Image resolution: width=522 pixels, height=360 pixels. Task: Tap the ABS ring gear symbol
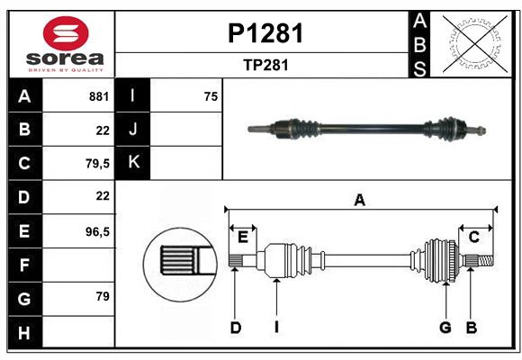point(472,44)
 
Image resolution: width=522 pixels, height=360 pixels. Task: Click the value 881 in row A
point(98,95)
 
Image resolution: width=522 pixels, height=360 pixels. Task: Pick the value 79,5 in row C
point(96,164)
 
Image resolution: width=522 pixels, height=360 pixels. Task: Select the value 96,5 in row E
point(96,231)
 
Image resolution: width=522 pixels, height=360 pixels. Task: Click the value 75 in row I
point(211,95)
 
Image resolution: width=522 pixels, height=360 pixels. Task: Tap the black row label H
point(24,332)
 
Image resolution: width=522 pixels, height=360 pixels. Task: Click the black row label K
point(134,163)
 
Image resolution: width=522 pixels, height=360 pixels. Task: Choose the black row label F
point(24,265)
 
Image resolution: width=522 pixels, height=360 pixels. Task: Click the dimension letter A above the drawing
point(360,200)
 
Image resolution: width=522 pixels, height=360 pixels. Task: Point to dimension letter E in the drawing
point(243,237)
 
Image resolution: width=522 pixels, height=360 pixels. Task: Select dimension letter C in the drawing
point(473,237)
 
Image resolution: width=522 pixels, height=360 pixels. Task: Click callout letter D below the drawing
point(235,328)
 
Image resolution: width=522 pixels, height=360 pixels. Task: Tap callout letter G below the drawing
point(445,328)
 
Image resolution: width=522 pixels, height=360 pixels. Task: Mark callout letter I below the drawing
point(276,328)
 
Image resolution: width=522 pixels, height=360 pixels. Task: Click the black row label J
point(134,130)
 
